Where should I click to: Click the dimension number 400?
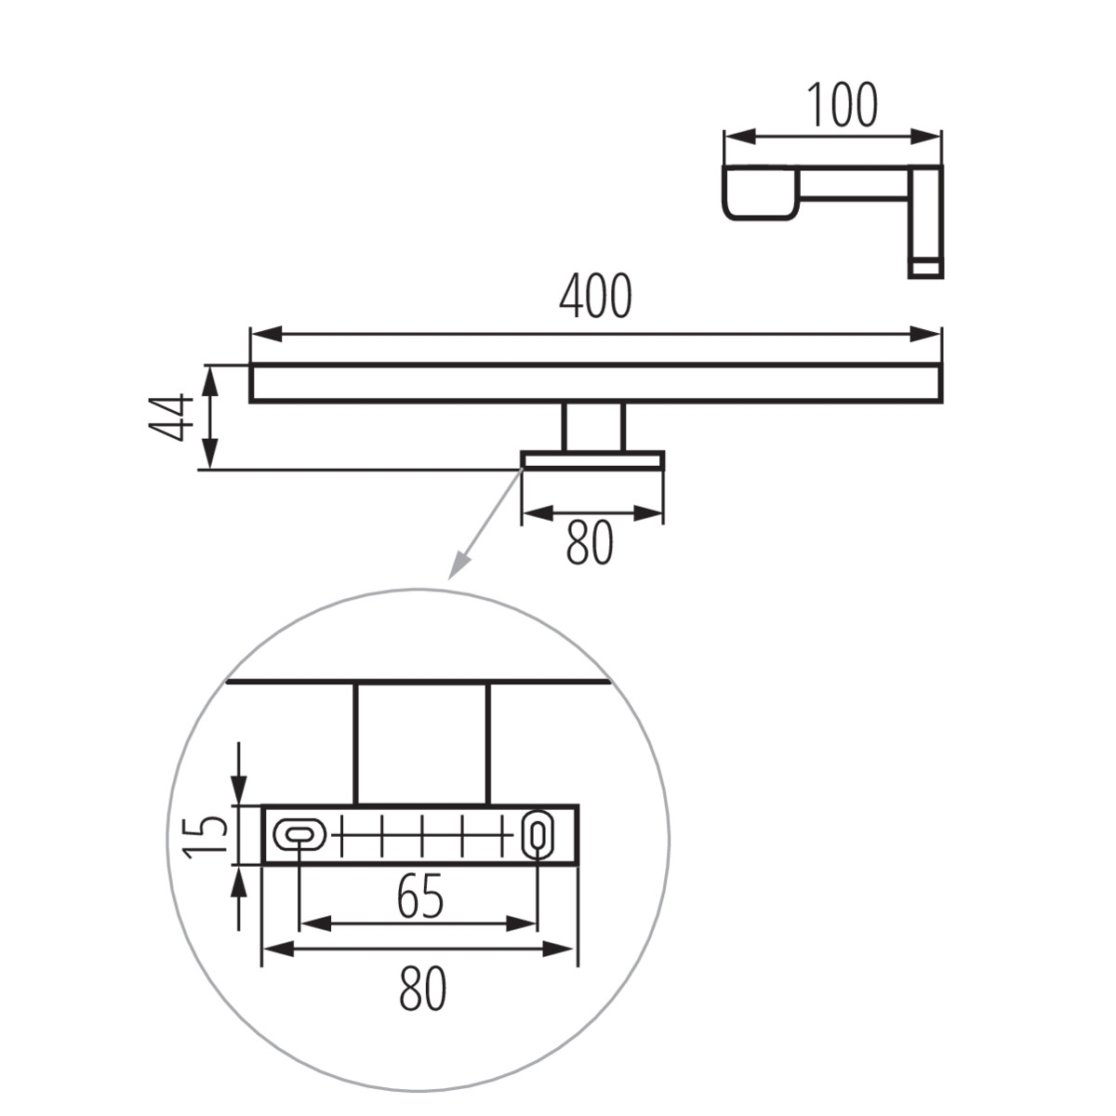pos(595,296)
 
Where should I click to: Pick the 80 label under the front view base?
pos(590,543)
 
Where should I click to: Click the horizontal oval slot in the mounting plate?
pos(299,834)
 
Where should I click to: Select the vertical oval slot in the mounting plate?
pos(538,834)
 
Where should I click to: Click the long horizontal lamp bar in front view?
pos(596,383)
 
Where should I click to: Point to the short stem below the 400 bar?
pos(595,426)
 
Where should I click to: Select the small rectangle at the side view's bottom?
pos(926,268)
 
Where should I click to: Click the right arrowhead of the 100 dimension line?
pos(924,138)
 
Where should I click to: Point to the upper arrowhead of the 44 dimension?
pos(211,379)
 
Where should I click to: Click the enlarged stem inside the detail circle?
pos(422,744)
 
